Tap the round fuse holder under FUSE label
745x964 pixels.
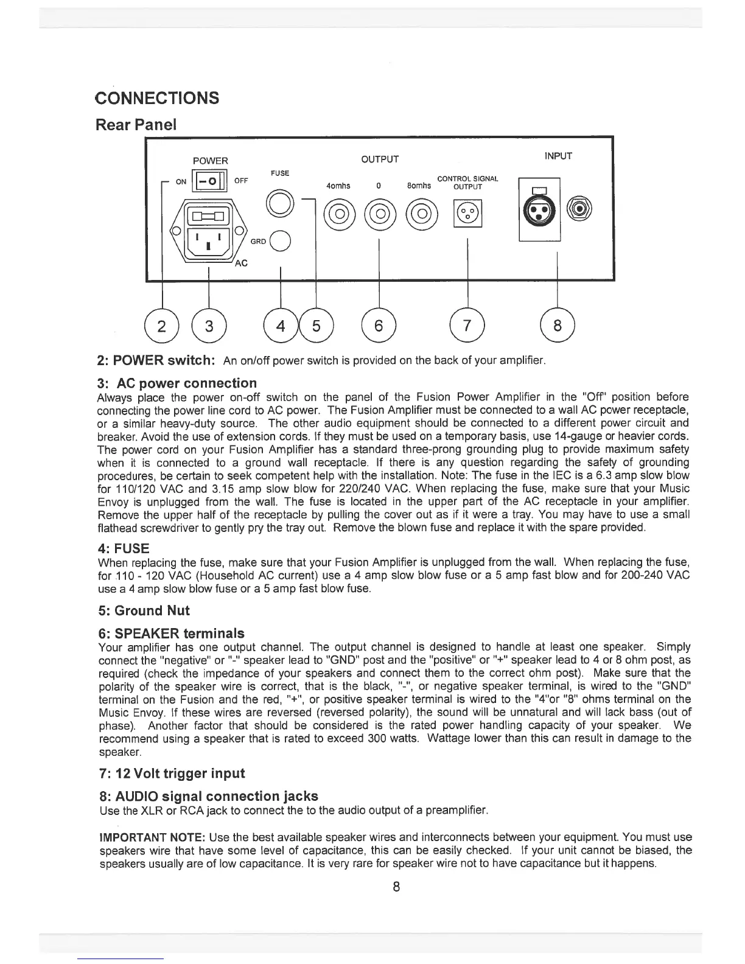[x=279, y=201]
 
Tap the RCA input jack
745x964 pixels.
[x=580, y=209]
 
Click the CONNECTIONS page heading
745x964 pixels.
[x=157, y=98]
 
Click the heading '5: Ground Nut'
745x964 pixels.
[x=144, y=610]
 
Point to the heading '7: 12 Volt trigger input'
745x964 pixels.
[x=171, y=774]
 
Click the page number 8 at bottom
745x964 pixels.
[x=396, y=886]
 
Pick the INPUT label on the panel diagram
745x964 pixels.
[x=558, y=156]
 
